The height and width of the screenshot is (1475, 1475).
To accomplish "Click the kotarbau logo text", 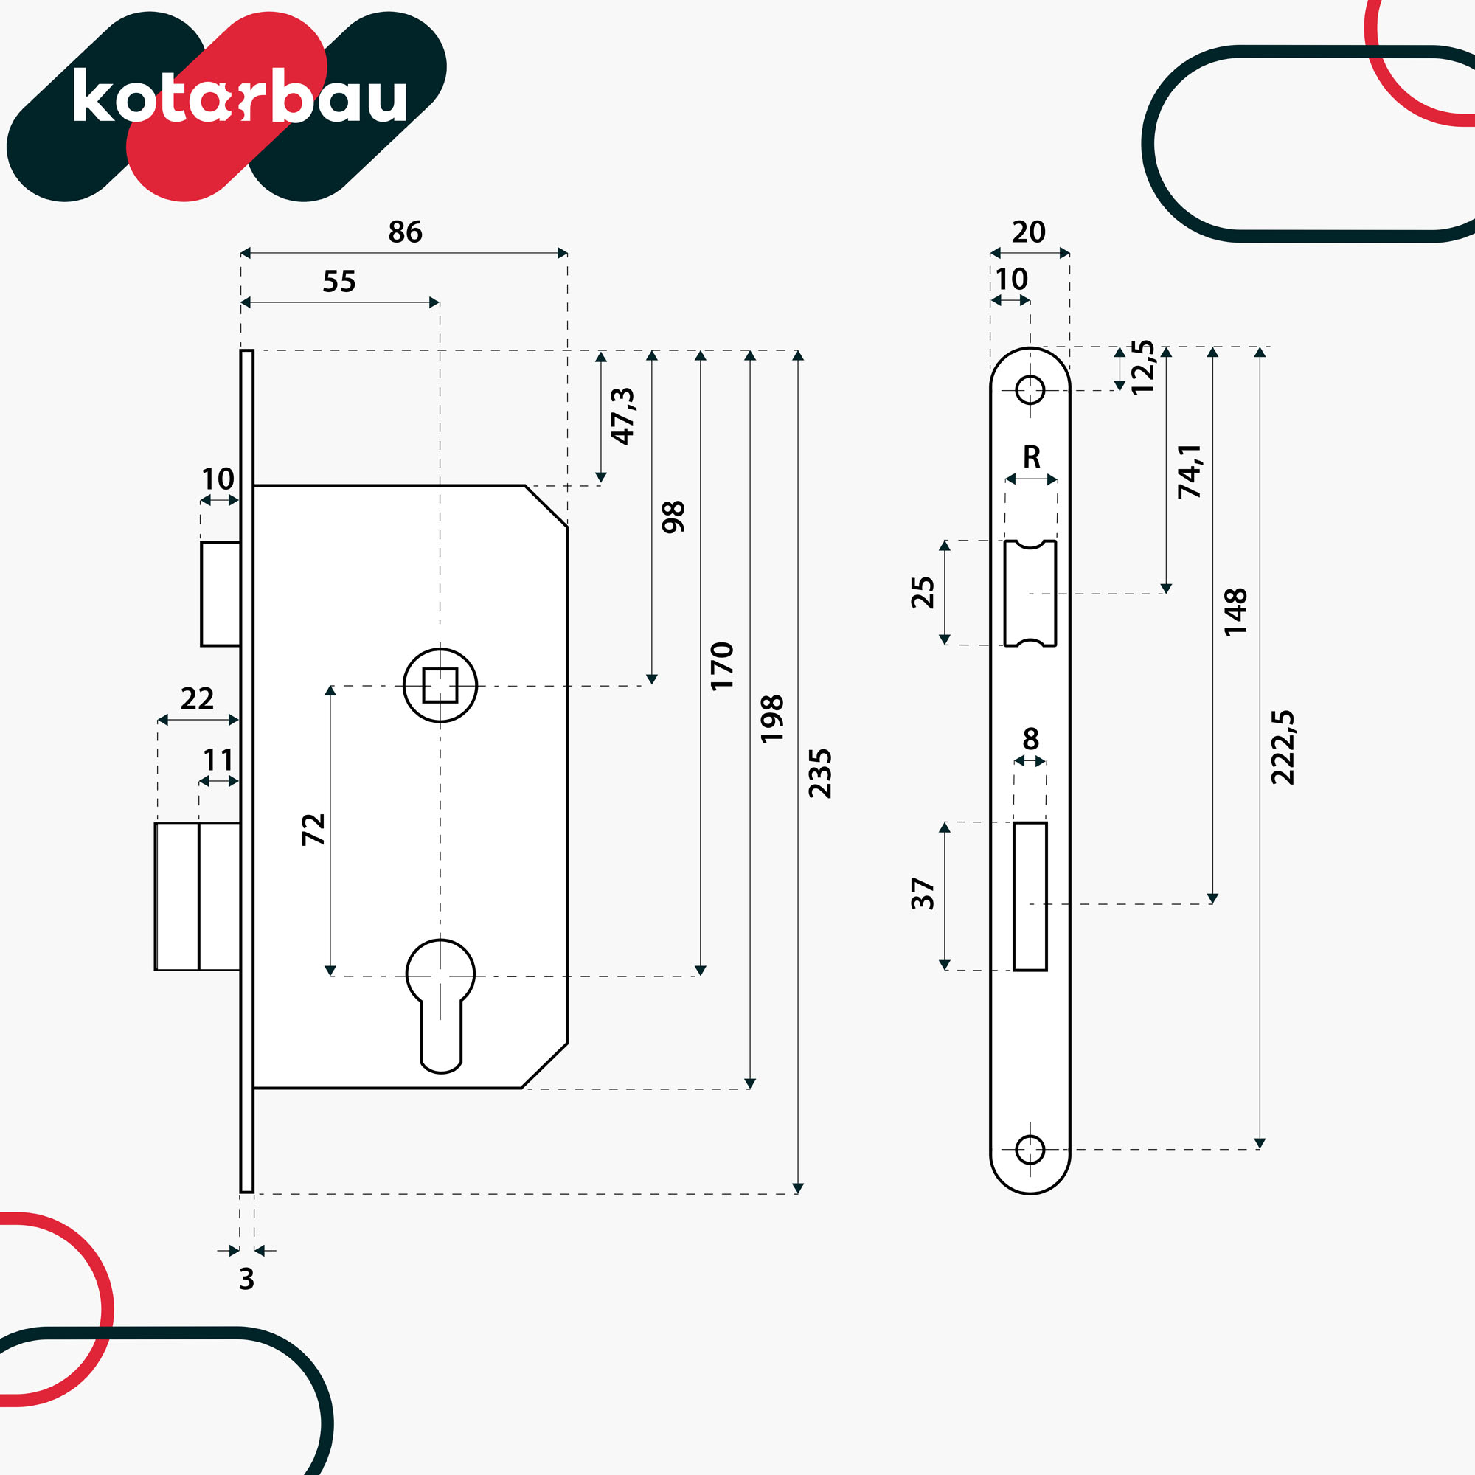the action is pos(240,95).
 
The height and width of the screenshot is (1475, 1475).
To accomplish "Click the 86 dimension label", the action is pos(405,232).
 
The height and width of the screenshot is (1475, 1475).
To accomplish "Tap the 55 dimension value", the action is pos(339,281).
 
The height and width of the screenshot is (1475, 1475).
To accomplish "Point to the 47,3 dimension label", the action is pos(623,416).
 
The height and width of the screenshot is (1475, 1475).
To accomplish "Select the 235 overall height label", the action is pos(820,774).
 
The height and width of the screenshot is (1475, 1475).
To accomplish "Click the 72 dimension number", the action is pos(313,830).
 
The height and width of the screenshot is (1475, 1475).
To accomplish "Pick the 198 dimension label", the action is pos(772,718).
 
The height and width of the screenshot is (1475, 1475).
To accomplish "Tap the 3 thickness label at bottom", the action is pos(246,1279).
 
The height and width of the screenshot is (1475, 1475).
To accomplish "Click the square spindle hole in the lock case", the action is pos(440,685).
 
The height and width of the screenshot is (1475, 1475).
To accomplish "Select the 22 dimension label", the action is pos(197,698).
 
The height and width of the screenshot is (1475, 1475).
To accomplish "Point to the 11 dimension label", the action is pos(218,760).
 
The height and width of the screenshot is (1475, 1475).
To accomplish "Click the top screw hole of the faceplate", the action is pos(1030,390).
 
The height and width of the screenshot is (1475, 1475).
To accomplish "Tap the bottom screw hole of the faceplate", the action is pos(1030,1149).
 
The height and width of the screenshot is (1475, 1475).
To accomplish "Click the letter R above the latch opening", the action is pos(1032,457).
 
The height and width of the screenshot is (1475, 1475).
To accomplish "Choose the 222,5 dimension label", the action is pos(1283,746).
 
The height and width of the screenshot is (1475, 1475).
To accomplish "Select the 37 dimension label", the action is pos(923,893).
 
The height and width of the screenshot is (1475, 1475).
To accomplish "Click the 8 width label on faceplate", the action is pos(1031,739).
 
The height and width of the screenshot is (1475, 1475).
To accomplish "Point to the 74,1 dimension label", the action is pos(1190,471).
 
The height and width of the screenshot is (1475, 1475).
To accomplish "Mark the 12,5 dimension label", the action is pos(1143,367).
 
